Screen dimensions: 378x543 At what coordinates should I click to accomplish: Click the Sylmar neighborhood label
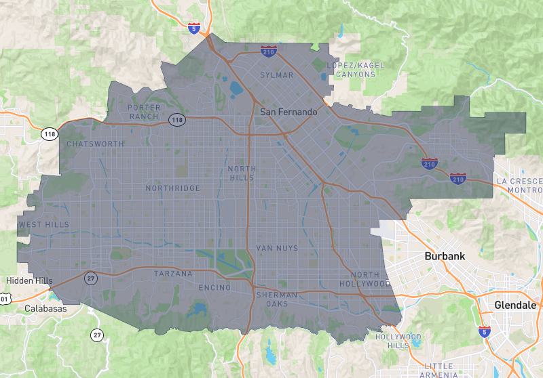pos(277,75)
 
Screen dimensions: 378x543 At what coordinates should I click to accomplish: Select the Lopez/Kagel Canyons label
pos(355,70)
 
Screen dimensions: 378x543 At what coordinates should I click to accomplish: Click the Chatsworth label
pos(96,144)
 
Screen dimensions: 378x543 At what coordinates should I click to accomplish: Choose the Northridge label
pos(173,188)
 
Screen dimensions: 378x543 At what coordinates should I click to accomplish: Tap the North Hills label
pos(241,173)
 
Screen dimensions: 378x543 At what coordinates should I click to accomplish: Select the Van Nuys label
pos(277,249)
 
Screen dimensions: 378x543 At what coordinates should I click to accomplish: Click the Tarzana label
pos(173,274)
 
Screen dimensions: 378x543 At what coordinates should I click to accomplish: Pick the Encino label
pos(214,288)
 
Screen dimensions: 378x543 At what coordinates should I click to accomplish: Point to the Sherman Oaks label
pos(277,299)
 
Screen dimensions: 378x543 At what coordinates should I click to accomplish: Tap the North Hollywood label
pos(370,278)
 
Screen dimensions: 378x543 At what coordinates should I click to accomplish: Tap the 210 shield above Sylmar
pos(267,51)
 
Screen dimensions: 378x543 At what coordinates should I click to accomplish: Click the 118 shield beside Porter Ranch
pos(176,119)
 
